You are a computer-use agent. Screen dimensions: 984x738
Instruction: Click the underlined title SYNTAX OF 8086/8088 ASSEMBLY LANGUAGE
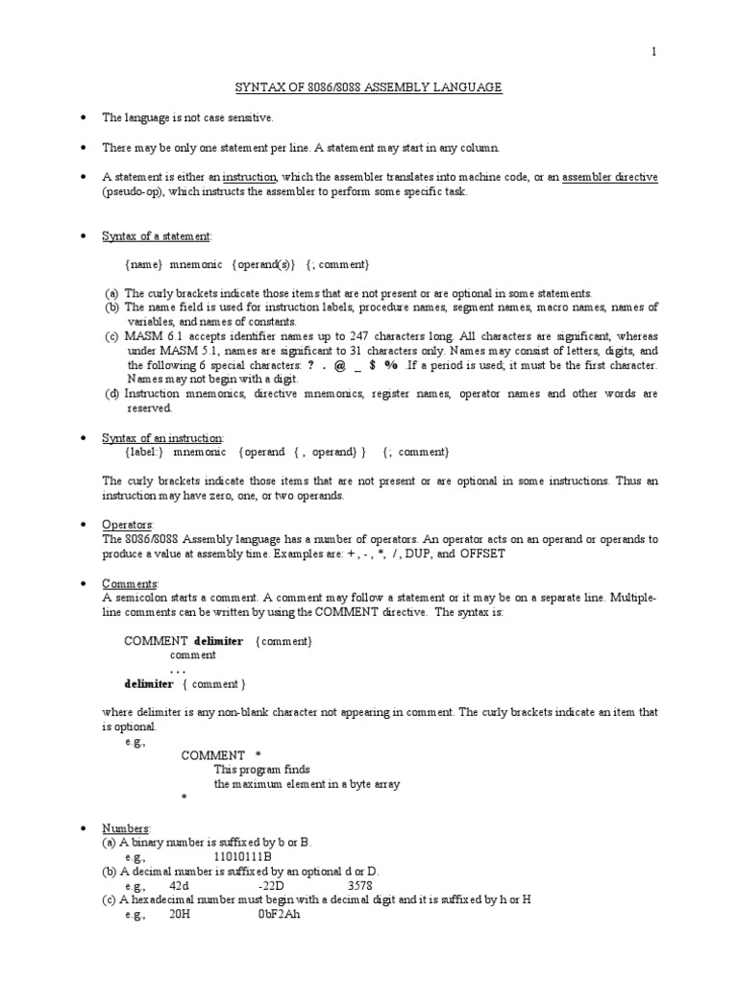tap(369, 87)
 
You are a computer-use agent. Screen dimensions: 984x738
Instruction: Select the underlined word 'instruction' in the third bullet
tap(250, 178)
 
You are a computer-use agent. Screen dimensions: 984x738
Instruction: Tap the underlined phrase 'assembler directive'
tap(609, 178)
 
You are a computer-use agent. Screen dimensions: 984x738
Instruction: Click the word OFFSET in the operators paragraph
tap(482, 554)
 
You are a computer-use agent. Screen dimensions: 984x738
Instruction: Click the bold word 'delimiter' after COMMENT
tap(218, 640)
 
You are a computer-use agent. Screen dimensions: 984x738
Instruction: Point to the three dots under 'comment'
tap(178, 669)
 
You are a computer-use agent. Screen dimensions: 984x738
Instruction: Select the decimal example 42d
tap(179, 884)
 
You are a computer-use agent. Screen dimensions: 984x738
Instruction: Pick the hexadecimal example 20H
tap(180, 914)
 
